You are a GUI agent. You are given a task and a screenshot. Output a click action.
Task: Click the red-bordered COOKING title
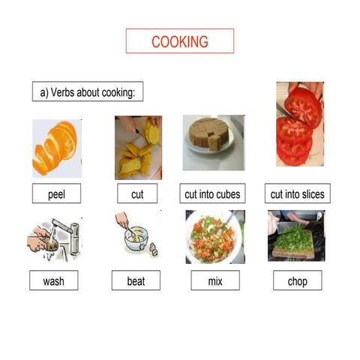[179, 41]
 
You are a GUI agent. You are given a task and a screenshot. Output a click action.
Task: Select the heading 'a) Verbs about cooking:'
[87, 92]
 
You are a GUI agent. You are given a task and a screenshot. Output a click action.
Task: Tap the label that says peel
[56, 194]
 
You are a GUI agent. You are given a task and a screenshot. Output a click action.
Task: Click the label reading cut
[137, 194]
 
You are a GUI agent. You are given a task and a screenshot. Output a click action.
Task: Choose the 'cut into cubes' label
[212, 194]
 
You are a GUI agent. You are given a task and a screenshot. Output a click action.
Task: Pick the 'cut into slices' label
[298, 194]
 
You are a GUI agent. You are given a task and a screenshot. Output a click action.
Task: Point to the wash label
[53, 281]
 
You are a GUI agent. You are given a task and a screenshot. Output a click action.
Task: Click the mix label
[214, 281]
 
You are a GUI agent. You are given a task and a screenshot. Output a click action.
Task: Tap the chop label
[297, 281]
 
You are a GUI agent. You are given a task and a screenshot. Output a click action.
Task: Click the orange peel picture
[56, 148]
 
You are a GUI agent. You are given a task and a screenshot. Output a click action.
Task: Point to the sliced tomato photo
[298, 124]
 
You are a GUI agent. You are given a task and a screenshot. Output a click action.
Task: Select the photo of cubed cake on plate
[212, 140]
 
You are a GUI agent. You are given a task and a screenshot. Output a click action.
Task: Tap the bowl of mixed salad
[214, 236]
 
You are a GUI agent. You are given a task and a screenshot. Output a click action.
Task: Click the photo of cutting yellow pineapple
[138, 148]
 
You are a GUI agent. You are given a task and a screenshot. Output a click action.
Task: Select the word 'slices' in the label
[311, 194]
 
